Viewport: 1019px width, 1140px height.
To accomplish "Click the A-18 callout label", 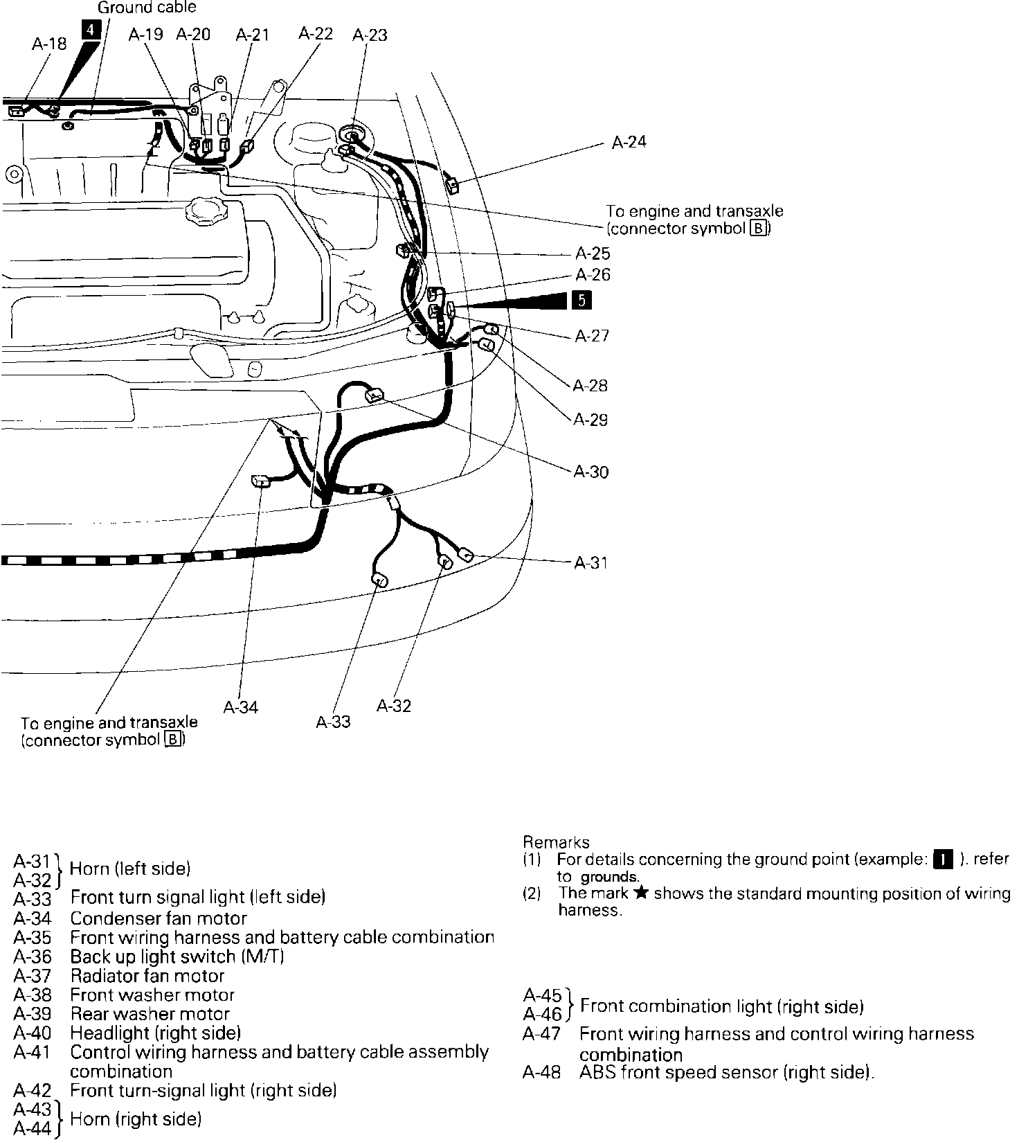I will (49, 44).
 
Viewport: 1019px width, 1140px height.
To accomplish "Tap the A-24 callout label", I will (629, 142).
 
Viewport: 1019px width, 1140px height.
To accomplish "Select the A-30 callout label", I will (591, 472).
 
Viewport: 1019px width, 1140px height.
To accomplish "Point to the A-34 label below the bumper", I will (241, 707).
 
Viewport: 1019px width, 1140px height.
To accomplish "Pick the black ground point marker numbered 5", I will (581, 300).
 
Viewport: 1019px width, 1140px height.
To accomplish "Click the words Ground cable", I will (147, 8).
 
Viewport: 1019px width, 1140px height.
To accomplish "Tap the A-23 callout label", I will (370, 35).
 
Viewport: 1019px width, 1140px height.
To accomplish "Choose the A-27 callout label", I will (592, 336).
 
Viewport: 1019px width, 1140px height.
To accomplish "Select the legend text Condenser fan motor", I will (159, 918).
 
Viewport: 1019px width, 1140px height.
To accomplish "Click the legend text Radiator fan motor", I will (147, 976).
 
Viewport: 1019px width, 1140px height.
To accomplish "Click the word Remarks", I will (556, 842).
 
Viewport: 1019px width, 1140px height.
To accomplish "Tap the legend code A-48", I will (542, 1073).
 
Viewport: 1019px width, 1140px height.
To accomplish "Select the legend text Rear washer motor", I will (150, 1014).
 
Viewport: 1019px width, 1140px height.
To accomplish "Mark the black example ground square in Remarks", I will (942, 860).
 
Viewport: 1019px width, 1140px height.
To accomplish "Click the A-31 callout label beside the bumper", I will (591, 562).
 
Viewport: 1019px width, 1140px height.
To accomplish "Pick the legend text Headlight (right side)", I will (156, 1033).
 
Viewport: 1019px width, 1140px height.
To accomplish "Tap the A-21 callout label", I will (253, 34).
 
